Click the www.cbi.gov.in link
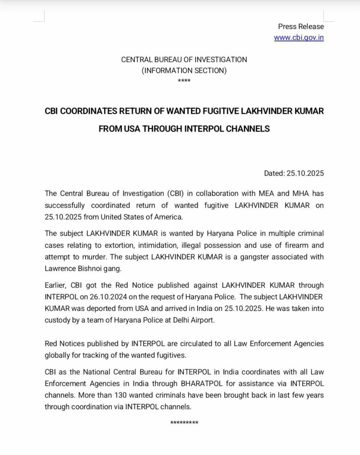tap(299, 38)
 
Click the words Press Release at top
tap(301, 27)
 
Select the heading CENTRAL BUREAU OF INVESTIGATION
tap(184, 60)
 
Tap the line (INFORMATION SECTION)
tap(184, 70)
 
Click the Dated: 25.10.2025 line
tap(294, 173)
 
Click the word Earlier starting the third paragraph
tap(56, 285)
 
